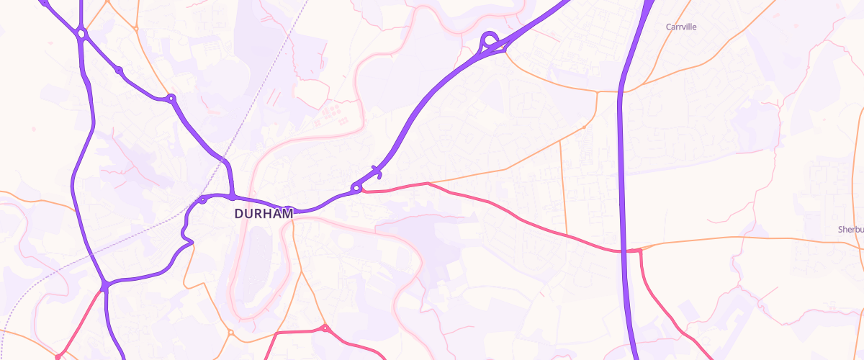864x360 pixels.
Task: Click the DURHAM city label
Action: (x=264, y=214)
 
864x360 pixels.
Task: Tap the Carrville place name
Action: (x=681, y=27)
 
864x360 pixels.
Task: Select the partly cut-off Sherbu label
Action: (x=850, y=230)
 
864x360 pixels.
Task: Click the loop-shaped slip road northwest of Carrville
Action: (x=490, y=40)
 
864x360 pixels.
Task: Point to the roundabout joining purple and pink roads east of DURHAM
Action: (x=356, y=189)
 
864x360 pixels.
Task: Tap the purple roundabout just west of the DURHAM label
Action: (x=204, y=199)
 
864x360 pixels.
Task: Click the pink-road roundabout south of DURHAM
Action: (x=325, y=329)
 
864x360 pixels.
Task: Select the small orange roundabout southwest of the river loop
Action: (x=230, y=333)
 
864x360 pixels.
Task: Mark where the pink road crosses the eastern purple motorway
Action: (x=624, y=251)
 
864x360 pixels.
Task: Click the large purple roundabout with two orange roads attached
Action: (x=81, y=33)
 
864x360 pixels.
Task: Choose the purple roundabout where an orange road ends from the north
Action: (x=171, y=99)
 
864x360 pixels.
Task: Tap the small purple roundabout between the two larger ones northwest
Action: (x=119, y=71)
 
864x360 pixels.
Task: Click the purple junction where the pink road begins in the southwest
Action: (x=105, y=287)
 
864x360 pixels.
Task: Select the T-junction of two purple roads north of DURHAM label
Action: (x=232, y=196)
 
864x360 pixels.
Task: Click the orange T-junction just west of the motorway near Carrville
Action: (x=597, y=92)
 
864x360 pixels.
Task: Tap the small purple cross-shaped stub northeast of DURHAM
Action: (x=376, y=171)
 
